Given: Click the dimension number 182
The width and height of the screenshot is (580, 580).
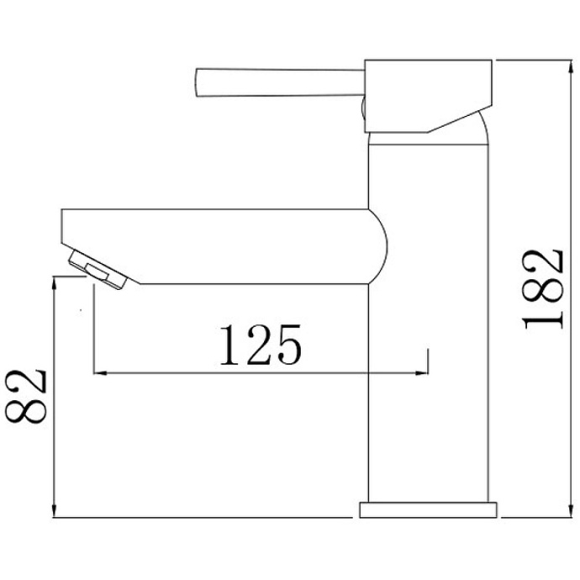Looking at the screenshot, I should pos(542,287).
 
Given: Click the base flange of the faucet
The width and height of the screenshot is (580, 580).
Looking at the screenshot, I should pos(429,509).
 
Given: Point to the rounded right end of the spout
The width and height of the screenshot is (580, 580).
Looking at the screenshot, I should pos(380,246).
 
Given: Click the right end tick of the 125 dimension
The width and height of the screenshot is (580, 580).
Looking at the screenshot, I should pos(429,361).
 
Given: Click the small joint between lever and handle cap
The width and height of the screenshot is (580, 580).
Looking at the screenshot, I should pos(362,108).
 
